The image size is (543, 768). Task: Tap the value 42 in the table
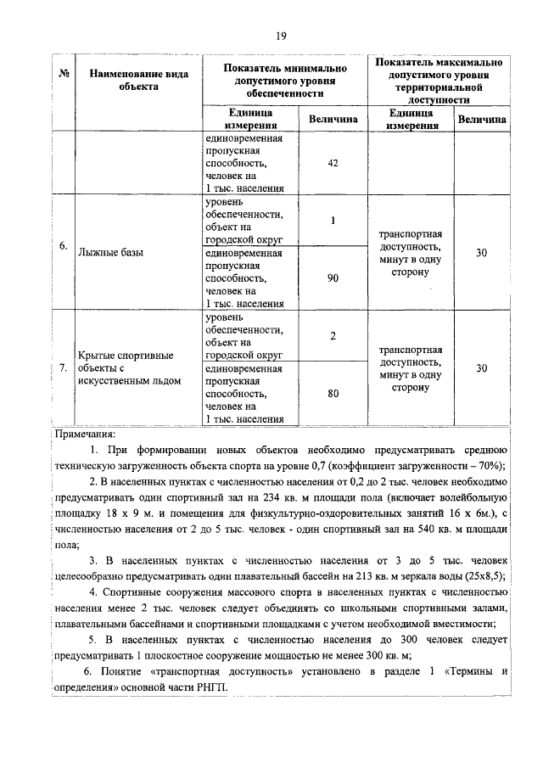(333, 165)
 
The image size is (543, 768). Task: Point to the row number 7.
(64, 368)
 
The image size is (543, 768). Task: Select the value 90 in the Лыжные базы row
(333, 277)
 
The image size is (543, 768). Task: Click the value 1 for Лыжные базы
(333, 221)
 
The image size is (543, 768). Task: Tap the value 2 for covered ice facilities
(333, 336)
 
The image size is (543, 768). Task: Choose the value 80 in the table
(333, 393)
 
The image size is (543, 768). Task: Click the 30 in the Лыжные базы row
(481, 252)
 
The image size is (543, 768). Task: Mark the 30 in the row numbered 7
(481, 367)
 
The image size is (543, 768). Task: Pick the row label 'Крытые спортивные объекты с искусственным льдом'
(127, 367)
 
